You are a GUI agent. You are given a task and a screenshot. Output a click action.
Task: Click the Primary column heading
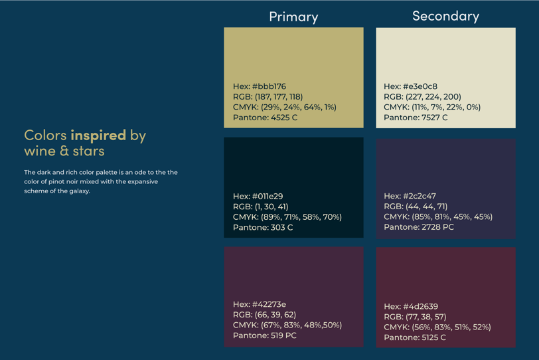pyautogui.click(x=293, y=17)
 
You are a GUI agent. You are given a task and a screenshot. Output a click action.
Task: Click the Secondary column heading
pyautogui.click(x=445, y=16)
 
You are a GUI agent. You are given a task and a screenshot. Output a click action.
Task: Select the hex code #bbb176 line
pyautogui.click(x=260, y=86)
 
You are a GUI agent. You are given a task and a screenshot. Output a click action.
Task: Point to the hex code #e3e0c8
pyautogui.click(x=410, y=86)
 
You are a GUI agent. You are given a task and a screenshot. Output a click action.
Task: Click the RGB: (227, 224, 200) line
pyautogui.click(x=422, y=97)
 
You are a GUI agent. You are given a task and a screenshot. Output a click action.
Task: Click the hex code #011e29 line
pyautogui.click(x=258, y=197)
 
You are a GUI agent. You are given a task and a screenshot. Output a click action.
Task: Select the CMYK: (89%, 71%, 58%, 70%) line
pyautogui.click(x=287, y=217)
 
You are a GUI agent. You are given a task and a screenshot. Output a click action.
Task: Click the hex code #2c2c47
pyautogui.click(x=410, y=197)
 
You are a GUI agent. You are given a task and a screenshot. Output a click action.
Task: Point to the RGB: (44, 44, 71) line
pyautogui.click(x=416, y=207)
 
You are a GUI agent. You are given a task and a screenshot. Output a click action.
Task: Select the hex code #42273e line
pyautogui.click(x=260, y=305)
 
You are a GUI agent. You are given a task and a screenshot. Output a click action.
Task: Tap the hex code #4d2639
pyautogui.click(x=411, y=307)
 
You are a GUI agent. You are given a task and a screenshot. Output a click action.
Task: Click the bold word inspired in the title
pyautogui.click(x=98, y=135)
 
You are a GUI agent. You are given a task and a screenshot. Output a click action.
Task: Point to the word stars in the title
pyautogui.click(x=89, y=151)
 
